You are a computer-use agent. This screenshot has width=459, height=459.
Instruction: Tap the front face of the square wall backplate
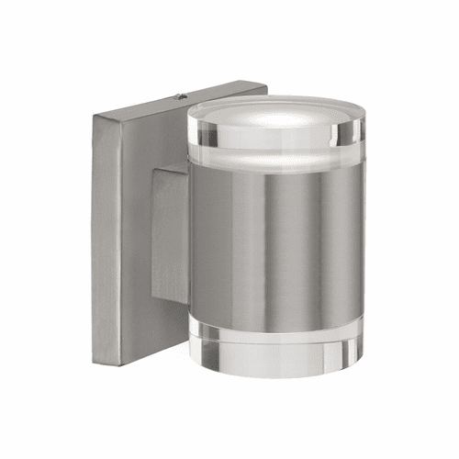129,229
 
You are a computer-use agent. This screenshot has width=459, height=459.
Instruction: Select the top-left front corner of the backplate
94,115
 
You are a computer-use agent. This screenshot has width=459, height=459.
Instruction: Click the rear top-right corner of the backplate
265,88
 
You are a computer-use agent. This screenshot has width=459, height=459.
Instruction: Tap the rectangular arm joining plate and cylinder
171,234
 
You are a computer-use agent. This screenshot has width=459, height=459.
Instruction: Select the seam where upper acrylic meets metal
275,168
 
